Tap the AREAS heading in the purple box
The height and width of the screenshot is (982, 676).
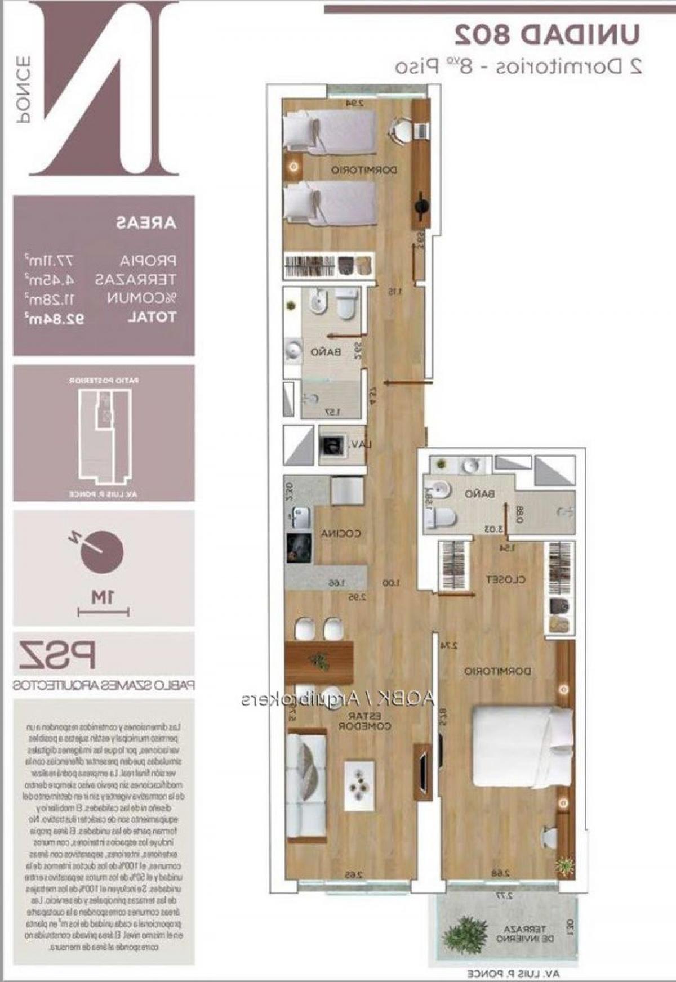(x=146, y=222)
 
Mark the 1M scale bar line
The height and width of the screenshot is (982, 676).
(x=104, y=611)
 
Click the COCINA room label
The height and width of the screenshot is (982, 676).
(x=341, y=533)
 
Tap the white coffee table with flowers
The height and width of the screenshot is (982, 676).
(x=359, y=782)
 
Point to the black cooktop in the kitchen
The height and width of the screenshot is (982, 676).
(x=299, y=547)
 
